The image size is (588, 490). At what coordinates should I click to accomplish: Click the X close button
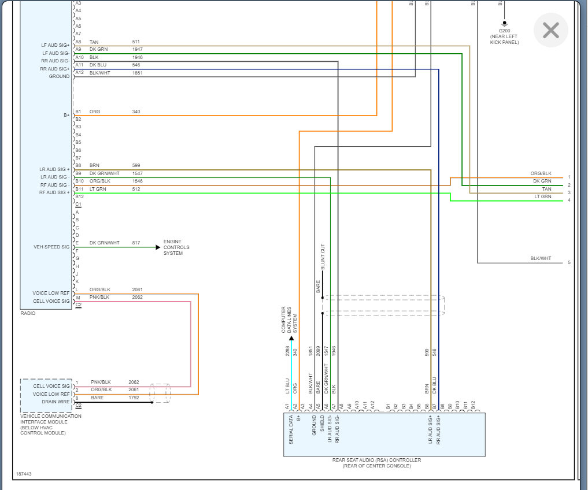[x=550, y=31]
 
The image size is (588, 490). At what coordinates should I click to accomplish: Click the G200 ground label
[x=504, y=31]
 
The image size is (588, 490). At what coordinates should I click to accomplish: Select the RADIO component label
[x=28, y=313]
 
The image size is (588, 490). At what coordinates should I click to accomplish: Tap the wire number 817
[x=136, y=243]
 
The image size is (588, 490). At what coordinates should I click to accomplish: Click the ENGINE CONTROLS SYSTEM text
[x=176, y=247]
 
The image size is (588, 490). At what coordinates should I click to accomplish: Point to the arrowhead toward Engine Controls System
[x=158, y=247]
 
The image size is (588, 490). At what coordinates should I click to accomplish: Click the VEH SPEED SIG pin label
[x=51, y=247]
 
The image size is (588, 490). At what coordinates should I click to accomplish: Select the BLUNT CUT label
[x=323, y=257]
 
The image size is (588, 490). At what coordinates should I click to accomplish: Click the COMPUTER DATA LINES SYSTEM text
[x=289, y=320]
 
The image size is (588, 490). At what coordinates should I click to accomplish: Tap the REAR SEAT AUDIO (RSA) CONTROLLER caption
[x=376, y=460]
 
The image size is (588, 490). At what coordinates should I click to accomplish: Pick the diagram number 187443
[x=24, y=474]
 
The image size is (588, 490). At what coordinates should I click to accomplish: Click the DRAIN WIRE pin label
[x=56, y=402]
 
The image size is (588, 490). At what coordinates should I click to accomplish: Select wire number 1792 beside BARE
[x=134, y=398]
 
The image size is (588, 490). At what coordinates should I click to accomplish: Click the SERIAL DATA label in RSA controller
[x=291, y=430]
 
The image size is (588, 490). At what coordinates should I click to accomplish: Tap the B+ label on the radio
[x=66, y=116]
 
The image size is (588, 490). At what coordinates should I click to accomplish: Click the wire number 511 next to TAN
[x=136, y=42]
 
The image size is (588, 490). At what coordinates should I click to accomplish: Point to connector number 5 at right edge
[x=569, y=262]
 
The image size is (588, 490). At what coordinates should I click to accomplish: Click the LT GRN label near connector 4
[x=543, y=197]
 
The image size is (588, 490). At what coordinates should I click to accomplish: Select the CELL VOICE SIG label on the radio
[x=51, y=302]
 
